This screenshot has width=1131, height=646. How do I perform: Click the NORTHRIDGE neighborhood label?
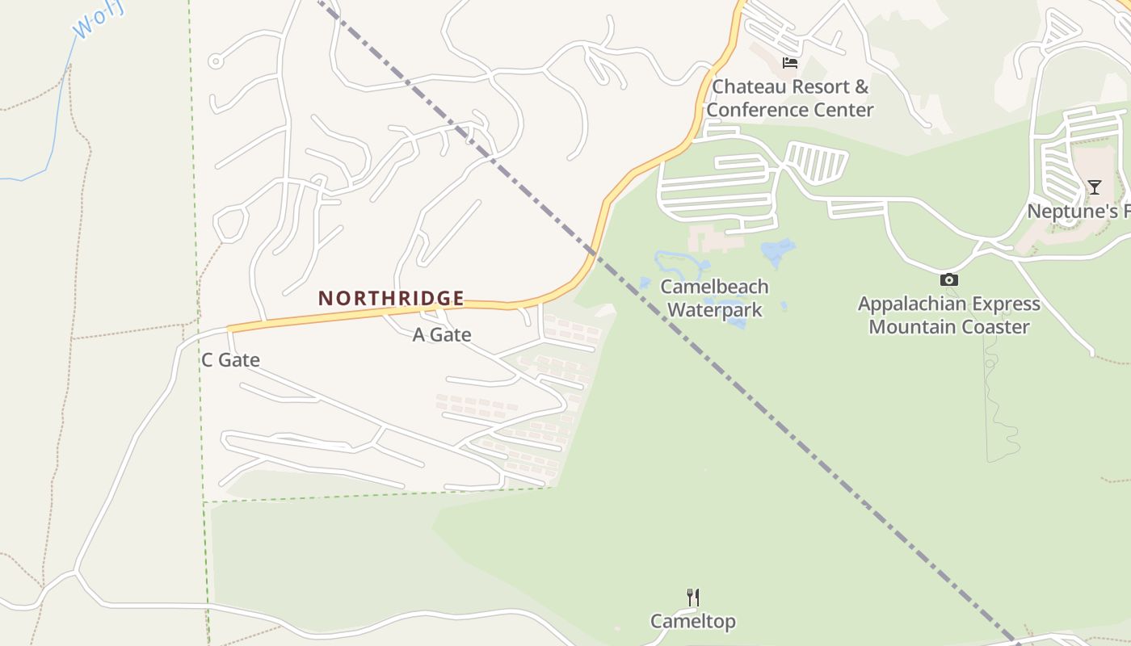point(391,298)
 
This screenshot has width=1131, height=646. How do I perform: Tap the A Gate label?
point(442,334)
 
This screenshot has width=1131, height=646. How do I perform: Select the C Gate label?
point(230,360)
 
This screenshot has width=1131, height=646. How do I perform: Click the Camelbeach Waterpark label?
point(714,298)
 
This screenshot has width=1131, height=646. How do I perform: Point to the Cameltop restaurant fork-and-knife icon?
point(692,598)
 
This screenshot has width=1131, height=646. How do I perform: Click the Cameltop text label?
point(692,621)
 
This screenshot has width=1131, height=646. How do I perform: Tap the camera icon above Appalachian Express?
point(948,280)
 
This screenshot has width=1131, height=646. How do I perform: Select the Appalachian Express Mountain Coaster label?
point(948,316)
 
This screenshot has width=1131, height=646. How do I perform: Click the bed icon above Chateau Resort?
point(789,63)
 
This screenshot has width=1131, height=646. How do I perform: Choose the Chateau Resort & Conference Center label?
point(789,98)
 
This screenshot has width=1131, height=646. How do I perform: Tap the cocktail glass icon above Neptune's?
point(1094,187)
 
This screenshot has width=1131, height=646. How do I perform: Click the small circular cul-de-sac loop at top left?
point(215,61)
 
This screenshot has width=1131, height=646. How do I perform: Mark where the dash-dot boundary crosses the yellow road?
point(595,253)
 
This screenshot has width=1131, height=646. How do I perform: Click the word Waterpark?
point(714,309)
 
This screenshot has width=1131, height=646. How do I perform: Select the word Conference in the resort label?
point(759,110)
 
